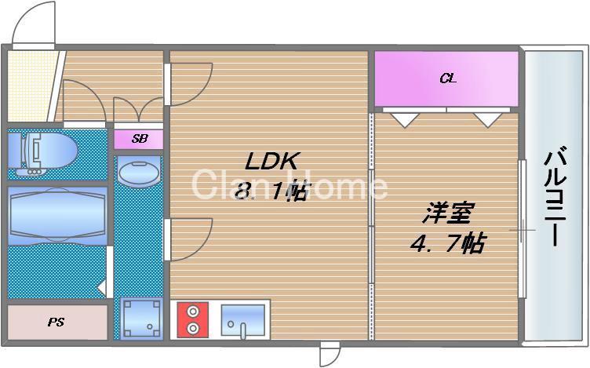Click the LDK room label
[272, 162]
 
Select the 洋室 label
[450, 213]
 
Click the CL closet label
[447, 78]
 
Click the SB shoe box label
[139, 139]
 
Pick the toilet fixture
[43, 150]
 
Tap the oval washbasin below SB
[139, 171]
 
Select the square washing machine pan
[141, 318]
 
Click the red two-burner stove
[193, 320]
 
